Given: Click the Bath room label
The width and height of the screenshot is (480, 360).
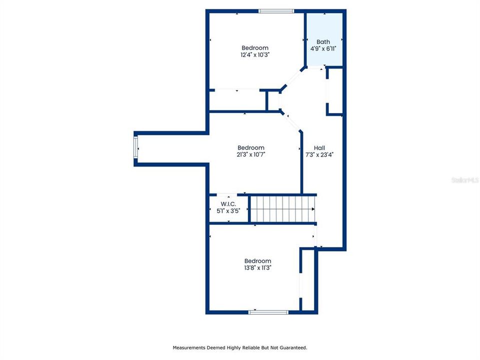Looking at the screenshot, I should (x=323, y=41).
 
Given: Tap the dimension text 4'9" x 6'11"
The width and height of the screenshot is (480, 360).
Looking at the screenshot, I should (x=323, y=48).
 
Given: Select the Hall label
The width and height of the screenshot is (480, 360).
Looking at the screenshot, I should (x=319, y=148).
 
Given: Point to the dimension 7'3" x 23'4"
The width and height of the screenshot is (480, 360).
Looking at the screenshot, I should (x=319, y=155).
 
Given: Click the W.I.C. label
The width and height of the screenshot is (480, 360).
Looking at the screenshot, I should (x=227, y=204).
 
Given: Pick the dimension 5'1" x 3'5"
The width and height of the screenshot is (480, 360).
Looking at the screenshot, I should (x=227, y=211).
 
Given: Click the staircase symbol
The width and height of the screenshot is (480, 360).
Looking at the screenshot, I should (x=283, y=208).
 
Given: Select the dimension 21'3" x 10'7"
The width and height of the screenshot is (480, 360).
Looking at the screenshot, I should (x=250, y=154).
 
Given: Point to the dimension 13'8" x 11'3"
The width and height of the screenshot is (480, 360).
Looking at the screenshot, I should (x=257, y=268).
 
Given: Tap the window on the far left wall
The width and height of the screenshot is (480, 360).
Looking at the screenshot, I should (x=135, y=148).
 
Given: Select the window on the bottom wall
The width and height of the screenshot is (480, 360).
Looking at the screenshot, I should (x=268, y=312).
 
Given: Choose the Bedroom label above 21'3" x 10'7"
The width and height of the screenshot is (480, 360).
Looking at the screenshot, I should (x=250, y=147).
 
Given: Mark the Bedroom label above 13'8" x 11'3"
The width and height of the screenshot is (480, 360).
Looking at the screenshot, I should (x=257, y=261).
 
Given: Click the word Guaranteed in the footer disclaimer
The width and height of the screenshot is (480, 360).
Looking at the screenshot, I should (x=292, y=347).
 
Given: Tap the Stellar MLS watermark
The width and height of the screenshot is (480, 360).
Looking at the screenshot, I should (x=464, y=179).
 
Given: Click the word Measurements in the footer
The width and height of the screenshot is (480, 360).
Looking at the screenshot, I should (x=188, y=347).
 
